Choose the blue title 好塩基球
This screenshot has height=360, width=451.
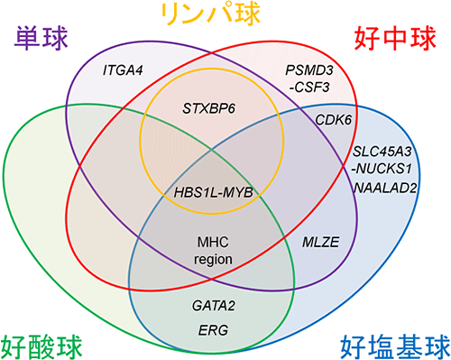coord(393,345)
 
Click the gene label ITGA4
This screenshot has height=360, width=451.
coord(121,69)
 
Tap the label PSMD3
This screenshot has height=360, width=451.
coord(307,69)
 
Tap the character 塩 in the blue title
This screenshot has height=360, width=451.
coord(382,345)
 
